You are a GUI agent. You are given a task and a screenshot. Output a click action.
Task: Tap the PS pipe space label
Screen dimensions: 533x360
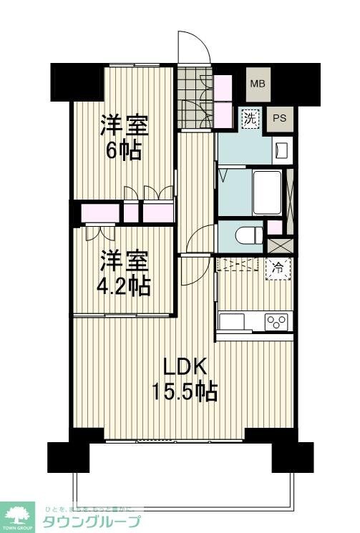[280, 118]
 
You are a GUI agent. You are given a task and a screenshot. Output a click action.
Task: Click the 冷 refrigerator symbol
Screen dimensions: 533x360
[278, 268]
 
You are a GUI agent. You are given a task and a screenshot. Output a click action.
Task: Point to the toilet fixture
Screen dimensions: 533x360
[244, 233]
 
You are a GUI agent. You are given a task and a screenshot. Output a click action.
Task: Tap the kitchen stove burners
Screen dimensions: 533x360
[276, 321]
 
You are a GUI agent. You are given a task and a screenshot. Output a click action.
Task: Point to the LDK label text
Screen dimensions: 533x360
[185, 367]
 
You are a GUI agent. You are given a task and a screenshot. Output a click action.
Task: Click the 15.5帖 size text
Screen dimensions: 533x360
[184, 391]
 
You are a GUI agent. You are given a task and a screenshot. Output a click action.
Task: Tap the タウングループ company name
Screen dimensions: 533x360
[93, 520]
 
